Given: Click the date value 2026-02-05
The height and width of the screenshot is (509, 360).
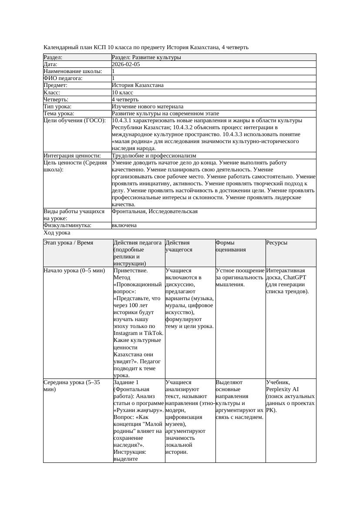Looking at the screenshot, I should [x=126, y=64].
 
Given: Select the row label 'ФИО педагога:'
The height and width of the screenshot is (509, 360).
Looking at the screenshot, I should [x=63, y=78].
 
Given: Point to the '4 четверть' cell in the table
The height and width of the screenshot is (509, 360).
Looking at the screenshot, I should [x=125, y=100].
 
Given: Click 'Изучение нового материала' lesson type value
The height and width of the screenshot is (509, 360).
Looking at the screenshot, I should [x=148, y=107].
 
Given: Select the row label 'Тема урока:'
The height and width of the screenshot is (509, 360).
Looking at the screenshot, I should [x=59, y=114].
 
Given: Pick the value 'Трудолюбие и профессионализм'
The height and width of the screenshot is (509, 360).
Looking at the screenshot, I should [x=154, y=156].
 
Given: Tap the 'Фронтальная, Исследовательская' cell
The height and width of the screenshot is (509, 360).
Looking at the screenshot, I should [x=155, y=211].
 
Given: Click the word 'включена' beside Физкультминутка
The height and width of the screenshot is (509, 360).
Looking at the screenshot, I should [x=124, y=225].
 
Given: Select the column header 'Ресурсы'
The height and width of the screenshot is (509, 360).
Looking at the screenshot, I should [x=277, y=243].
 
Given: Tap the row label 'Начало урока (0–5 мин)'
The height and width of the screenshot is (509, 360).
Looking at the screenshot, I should [x=74, y=271].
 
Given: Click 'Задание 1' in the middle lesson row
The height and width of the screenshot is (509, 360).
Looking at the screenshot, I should [x=126, y=382].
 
